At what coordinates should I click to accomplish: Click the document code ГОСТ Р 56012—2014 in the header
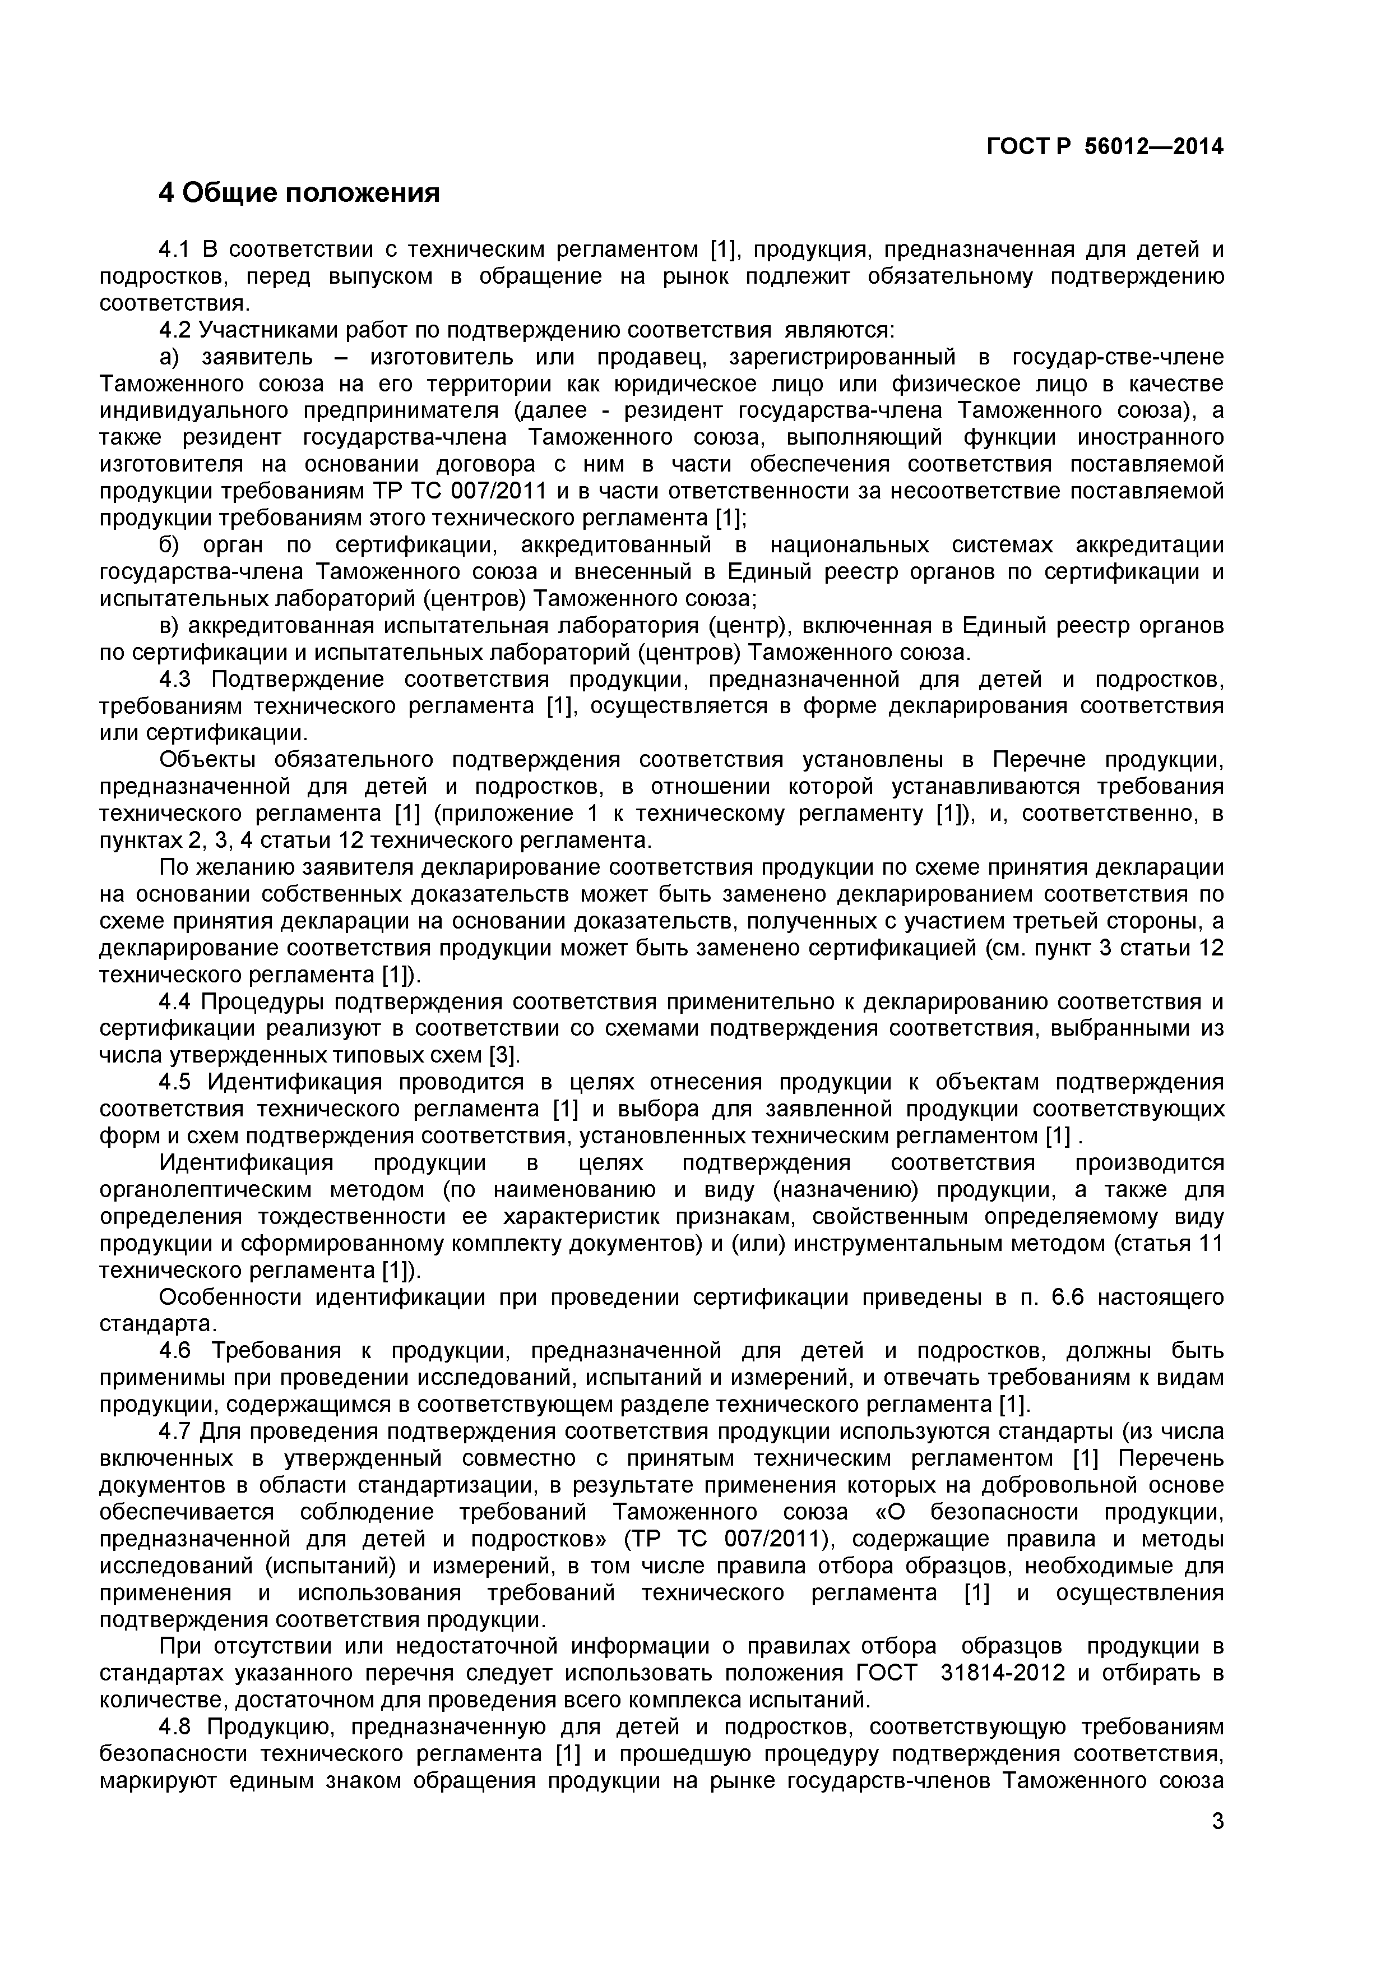tap(1105, 146)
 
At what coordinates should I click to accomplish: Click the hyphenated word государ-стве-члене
tap(1118, 357)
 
